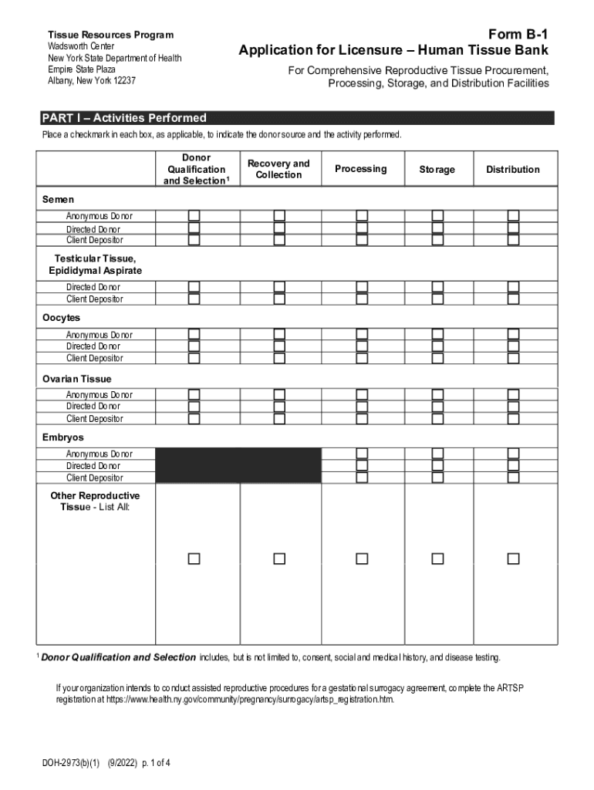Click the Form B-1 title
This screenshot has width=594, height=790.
click(518, 35)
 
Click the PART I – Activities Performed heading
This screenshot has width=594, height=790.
click(124, 118)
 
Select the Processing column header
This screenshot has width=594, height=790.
click(361, 169)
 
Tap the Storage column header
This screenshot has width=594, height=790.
click(437, 170)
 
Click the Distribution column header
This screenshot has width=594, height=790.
click(512, 170)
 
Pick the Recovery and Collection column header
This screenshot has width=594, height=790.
click(278, 169)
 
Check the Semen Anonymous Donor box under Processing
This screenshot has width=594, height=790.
click(361, 215)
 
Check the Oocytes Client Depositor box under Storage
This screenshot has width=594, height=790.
click(437, 358)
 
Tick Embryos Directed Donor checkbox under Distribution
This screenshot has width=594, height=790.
click(513, 466)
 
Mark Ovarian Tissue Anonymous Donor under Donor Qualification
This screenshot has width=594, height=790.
click(194, 394)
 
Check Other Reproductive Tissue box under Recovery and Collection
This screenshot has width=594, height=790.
click(278, 559)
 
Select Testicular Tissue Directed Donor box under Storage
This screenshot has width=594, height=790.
click(437, 287)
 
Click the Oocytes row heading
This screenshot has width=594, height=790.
click(61, 318)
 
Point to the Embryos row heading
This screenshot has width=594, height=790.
click(63, 437)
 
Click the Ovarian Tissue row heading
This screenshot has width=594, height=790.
click(76, 379)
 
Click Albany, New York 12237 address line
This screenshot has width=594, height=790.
click(92, 80)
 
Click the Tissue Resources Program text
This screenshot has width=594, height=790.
click(110, 35)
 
